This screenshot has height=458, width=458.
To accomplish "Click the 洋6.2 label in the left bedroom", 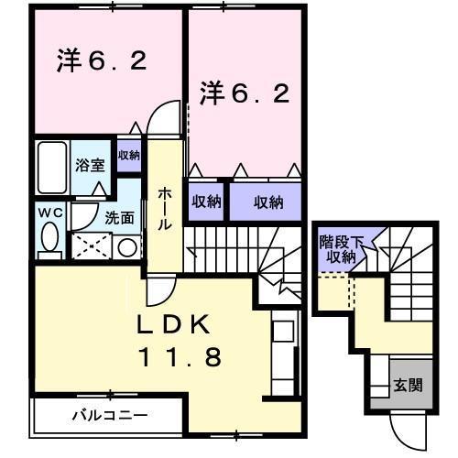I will (101, 61).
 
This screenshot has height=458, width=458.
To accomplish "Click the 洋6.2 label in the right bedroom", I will (245, 93).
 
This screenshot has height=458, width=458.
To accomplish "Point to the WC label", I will (48, 213).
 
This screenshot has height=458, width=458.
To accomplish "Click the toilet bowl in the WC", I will (49, 239).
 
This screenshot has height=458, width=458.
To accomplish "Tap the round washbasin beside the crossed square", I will (127, 247).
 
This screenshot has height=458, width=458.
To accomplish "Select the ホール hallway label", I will (164, 208).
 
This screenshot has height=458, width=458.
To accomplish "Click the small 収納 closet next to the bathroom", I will (128, 154).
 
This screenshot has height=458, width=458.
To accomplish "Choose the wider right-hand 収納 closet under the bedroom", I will (267, 202).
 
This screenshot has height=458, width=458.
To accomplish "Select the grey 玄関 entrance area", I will (408, 385).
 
